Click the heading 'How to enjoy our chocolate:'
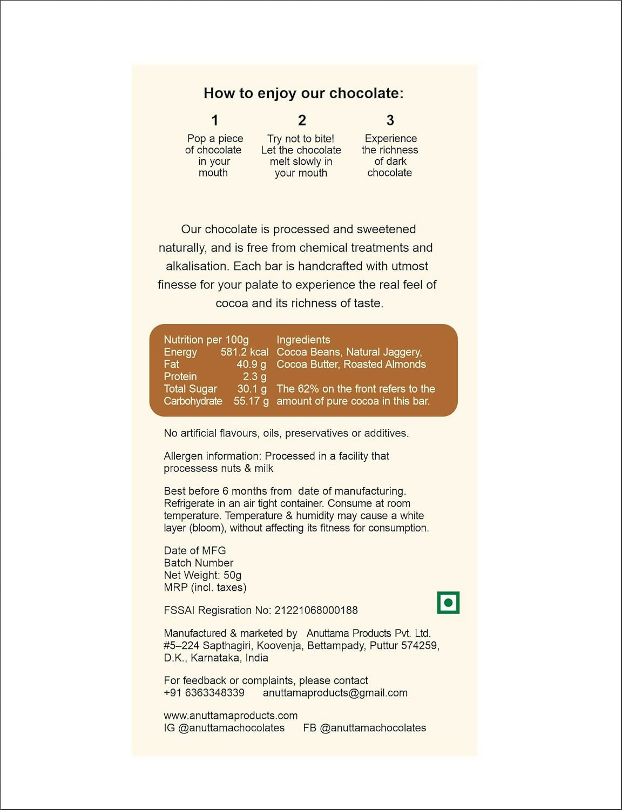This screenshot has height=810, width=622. pyautogui.click(x=303, y=93)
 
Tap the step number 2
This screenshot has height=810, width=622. pyautogui.click(x=302, y=120)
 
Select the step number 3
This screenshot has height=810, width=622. pyautogui.click(x=390, y=120)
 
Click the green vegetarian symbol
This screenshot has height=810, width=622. pyautogui.click(x=448, y=603)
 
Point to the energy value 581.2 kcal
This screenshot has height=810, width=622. pyautogui.click(x=244, y=352)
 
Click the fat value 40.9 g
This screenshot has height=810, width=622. pyautogui.click(x=251, y=364)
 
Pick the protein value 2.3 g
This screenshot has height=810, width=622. pyautogui.click(x=254, y=377)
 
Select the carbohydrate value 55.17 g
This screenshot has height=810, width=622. pyautogui.click(x=251, y=401)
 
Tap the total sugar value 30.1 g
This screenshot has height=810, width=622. pyautogui.click(x=252, y=389)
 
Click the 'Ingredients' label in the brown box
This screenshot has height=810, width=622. pyautogui.click(x=303, y=340)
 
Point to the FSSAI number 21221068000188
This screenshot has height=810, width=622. pyautogui.click(x=316, y=610)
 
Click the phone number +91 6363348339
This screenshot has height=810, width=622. pyautogui.click(x=204, y=693)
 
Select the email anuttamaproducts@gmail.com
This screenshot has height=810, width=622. pyautogui.click(x=335, y=693)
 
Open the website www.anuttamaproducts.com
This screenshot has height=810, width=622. pyautogui.click(x=231, y=715)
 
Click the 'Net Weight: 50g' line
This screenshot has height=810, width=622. pyautogui.click(x=202, y=575)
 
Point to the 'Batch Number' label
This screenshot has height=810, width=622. pyautogui.click(x=198, y=563)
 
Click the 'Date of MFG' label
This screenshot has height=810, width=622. pyautogui.click(x=194, y=550)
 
